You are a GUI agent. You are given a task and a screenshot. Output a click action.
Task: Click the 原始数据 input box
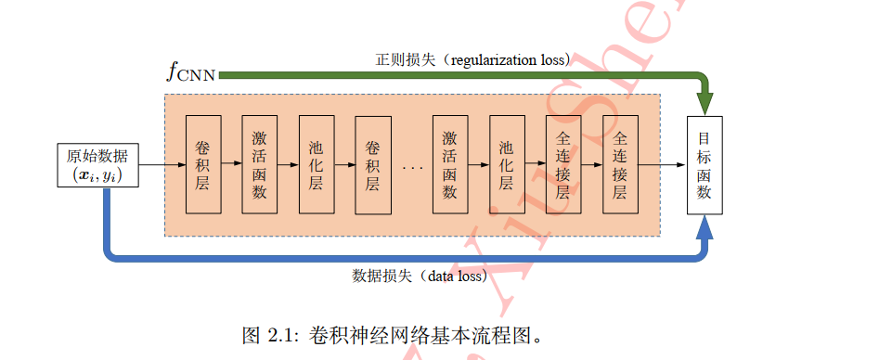[x=98, y=164]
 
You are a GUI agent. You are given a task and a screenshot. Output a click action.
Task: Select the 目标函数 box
[x=704, y=165]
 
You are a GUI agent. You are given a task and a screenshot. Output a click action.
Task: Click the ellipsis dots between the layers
[x=413, y=167]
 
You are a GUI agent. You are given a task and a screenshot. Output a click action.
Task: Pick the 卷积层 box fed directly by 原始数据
[x=202, y=165]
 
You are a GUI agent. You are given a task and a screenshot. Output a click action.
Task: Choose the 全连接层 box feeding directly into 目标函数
[x=620, y=165]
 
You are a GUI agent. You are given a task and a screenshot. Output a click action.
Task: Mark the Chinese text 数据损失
[x=383, y=276]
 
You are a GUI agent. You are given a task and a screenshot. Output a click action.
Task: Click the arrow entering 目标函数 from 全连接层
[x=662, y=165]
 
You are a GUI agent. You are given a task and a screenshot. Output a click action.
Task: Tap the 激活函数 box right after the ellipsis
[x=449, y=165]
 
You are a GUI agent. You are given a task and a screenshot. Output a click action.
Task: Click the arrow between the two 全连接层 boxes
[x=591, y=165]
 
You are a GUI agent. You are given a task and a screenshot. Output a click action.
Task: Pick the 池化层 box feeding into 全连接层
[x=506, y=165]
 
